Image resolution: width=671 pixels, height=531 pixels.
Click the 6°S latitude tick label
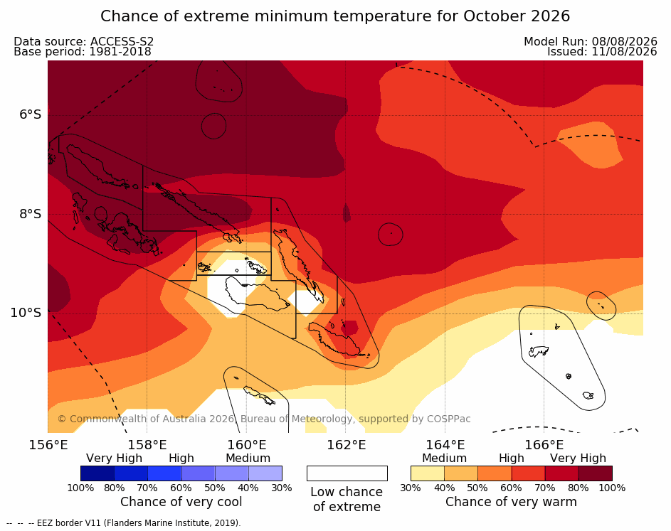[30, 114]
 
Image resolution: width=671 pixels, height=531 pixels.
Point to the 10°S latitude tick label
[26, 313]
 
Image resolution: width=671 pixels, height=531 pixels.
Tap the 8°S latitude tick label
[30, 214]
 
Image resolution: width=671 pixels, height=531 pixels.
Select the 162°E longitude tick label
[347, 445]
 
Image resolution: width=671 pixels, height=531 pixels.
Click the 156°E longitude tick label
[48, 445]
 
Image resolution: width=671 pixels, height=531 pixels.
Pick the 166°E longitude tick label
[544, 445]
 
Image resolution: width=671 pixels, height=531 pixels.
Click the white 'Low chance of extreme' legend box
[347, 473]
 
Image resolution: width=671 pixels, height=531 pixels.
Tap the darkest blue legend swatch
[97, 473]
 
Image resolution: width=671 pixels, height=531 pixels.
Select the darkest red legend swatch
[596, 473]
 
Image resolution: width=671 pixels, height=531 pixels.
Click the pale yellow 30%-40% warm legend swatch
[428, 473]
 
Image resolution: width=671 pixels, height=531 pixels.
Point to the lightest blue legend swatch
[265, 473]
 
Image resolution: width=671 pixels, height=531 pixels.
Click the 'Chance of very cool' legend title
[181, 502]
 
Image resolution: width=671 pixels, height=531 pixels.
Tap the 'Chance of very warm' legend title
[511, 502]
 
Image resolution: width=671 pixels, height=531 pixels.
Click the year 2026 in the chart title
[550, 16]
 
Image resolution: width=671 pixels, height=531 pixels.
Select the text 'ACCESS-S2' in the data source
[122, 41]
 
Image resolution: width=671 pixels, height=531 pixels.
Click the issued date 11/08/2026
[624, 52]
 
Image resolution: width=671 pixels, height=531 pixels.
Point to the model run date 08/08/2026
[624, 41]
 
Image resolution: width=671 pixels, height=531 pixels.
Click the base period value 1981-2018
[120, 52]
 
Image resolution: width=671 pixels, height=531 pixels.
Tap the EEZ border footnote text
[139, 523]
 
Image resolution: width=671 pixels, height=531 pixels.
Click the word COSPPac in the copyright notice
[449, 419]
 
